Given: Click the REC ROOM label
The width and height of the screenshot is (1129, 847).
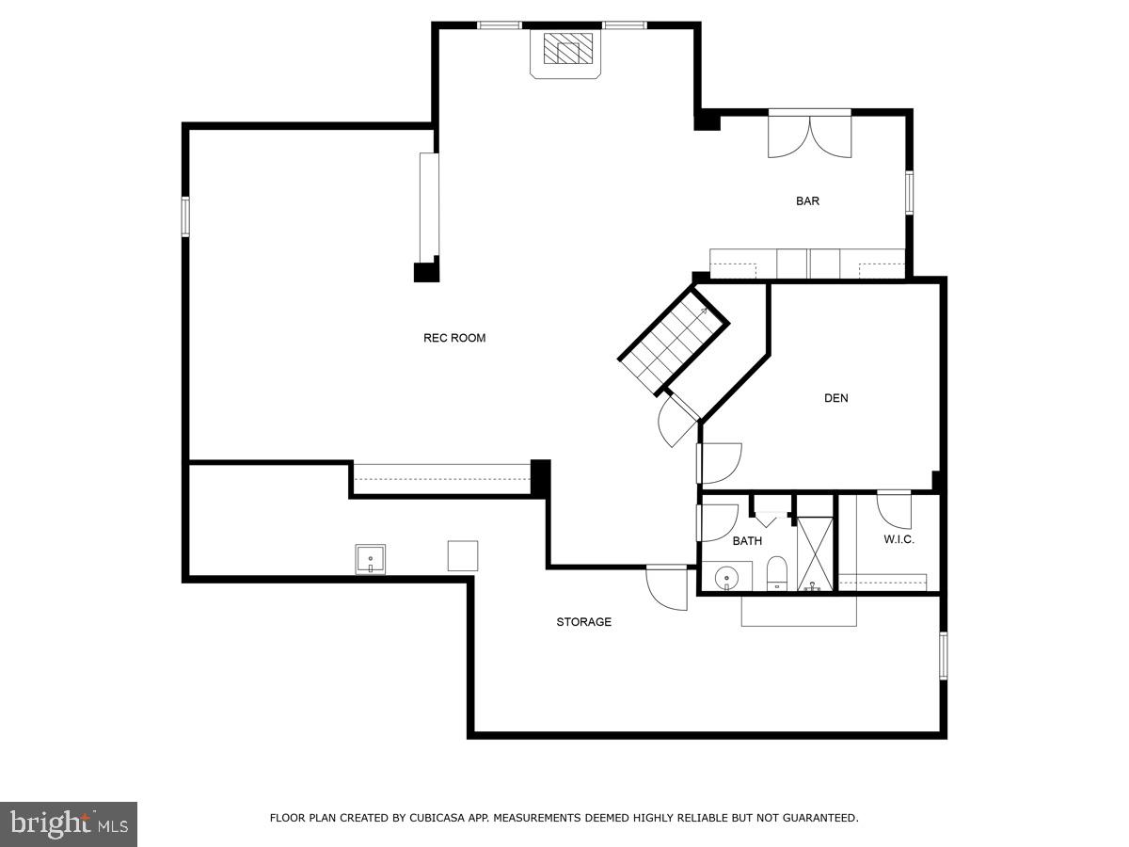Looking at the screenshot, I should pyautogui.click(x=454, y=338).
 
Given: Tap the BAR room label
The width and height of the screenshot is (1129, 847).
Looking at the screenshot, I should pyautogui.click(x=807, y=200).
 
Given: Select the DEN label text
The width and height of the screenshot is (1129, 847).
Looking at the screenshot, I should pyautogui.click(x=835, y=398).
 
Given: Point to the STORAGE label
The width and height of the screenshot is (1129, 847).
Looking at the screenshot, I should pyautogui.click(x=583, y=622).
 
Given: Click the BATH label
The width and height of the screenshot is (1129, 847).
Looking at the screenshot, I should pyautogui.click(x=747, y=541).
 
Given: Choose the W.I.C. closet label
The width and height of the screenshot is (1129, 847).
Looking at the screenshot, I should pyautogui.click(x=898, y=539).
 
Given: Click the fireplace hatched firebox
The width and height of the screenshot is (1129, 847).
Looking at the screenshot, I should pyautogui.click(x=568, y=49).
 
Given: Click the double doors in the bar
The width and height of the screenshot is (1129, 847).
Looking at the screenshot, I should pyautogui.click(x=809, y=135).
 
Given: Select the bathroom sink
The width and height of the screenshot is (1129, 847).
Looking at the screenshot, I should pyautogui.click(x=725, y=576).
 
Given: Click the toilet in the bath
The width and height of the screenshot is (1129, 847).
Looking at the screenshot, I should pyautogui.click(x=777, y=572).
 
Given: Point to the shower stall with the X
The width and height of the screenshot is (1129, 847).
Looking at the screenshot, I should pyautogui.click(x=815, y=555).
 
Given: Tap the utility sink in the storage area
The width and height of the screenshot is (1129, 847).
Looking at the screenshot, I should pyautogui.click(x=370, y=559).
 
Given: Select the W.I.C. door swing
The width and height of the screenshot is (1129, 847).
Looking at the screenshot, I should pyautogui.click(x=894, y=510).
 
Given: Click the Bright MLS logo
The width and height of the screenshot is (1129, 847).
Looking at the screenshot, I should pyautogui.click(x=69, y=823).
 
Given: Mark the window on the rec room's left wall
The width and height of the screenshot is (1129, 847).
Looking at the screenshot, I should pyautogui.click(x=185, y=216).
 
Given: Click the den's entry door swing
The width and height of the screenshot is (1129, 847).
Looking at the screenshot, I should pyautogui.click(x=721, y=461).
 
